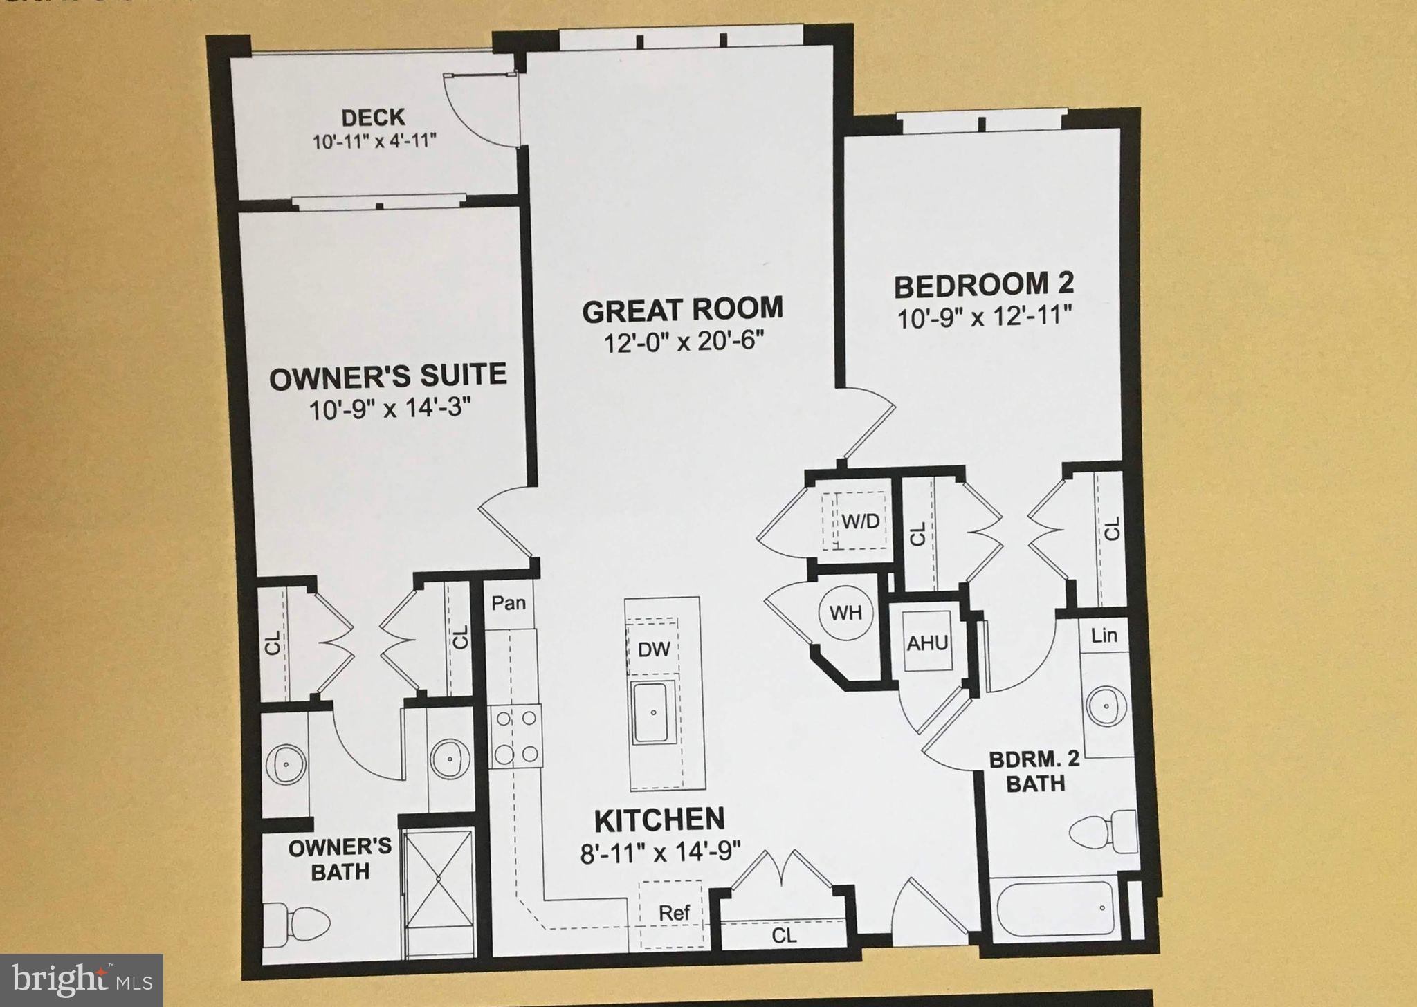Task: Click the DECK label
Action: pyautogui.click(x=373, y=117)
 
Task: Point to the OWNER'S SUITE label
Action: pyautogui.click(x=387, y=377)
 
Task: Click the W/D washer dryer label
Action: pyautogui.click(x=860, y=520)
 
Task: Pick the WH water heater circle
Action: pyautogui.click(x=845, y=612)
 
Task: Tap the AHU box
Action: pyautogui.click(x=927, y=643)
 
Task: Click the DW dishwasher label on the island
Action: pyautogui.click(x=653, y=649)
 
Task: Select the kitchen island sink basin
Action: pyautogui.click(x=652, y=712)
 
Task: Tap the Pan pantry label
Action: pyautogui.click(x=509, y=602)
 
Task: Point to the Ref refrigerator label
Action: pyautogui.click(x=673, y=913)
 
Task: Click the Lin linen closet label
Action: pyautogui.click(x=1104, y=634)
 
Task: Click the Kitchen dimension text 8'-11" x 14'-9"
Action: pyautogui.click(x=660, y=852)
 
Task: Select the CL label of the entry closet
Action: pyautogui.click(x=784, y=935)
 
